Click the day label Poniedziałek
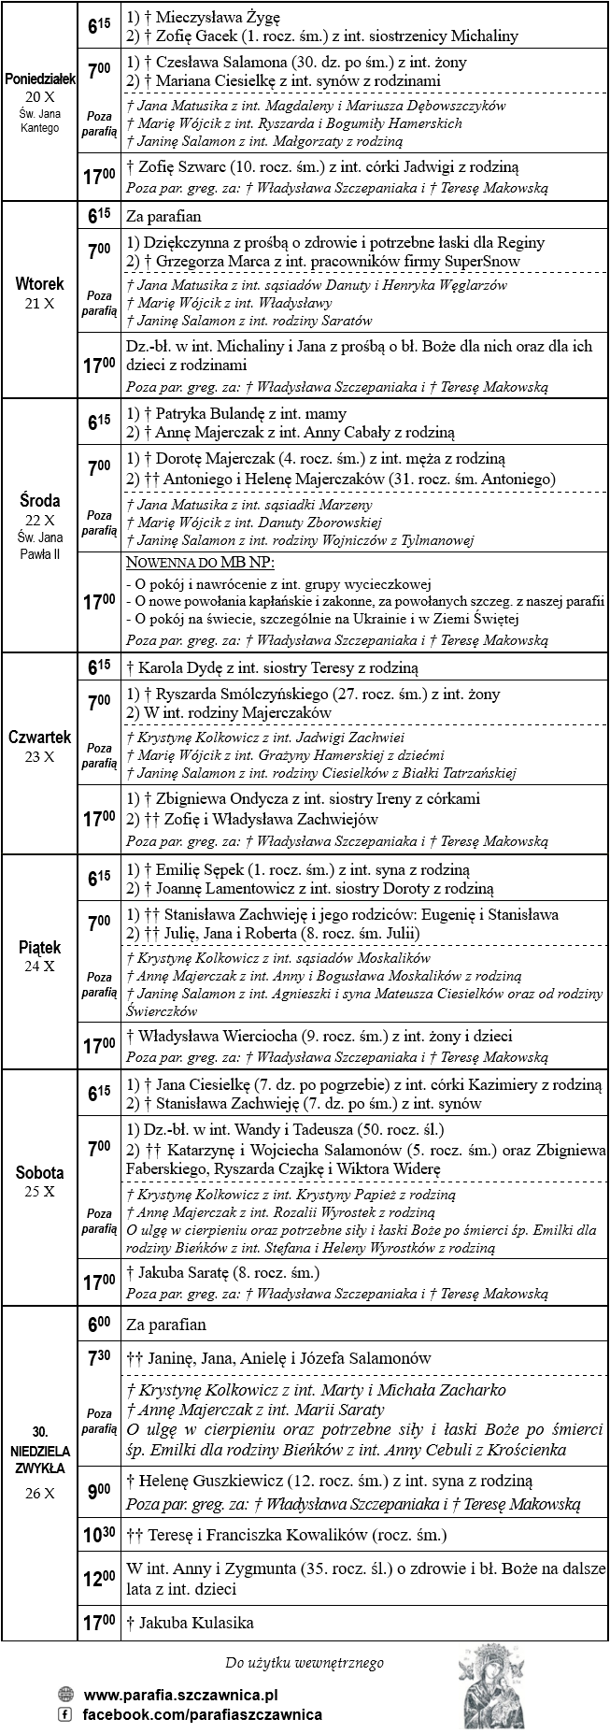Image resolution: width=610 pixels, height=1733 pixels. pyautogui.click(x=40, y=80)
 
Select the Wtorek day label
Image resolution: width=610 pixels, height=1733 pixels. pyautogui.click(x=40, y=283)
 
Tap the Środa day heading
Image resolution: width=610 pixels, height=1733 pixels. pyautogui.click(x=40, y=502)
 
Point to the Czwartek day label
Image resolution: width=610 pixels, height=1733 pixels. pyautogui.click(x=40, y=737)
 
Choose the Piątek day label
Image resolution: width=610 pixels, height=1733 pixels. pyautogui.click(x=40, y=948)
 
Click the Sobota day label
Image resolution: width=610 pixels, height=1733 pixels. pyautogui.click(x=40, y=1172)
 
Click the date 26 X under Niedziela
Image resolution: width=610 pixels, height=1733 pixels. pyautogui.click(x=40, y=1494)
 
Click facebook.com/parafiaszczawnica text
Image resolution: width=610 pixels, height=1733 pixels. pyautogui.click(x=203, y=1713)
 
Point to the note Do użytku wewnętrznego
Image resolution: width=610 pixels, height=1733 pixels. pyautogui.click(x=305, y=1663)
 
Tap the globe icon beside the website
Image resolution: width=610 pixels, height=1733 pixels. pyautogui.click(x=65, y=1694)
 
